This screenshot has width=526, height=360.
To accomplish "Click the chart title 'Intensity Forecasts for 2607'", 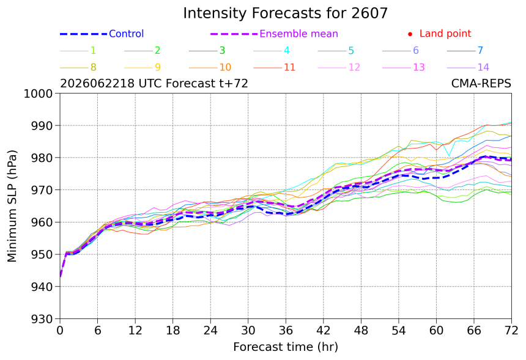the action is click(x=286, y=13).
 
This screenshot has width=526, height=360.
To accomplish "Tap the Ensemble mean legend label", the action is click(x=299, y=34).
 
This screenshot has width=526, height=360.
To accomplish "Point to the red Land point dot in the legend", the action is click(x=410, y=34).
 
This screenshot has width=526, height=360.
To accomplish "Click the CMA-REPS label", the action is click(x=481, y=83).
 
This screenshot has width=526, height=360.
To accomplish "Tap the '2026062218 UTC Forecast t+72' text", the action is click(x=154, y=83).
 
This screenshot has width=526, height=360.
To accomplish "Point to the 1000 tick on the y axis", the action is click(x=39, y=94).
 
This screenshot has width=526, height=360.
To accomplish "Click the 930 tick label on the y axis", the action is click(x=42, y=319).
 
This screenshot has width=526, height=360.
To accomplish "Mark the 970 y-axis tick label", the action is click(x=42, y=190).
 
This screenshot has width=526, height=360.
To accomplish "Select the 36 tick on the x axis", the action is click(x=286, y=331).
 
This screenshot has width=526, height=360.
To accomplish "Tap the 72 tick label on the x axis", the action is click(x=511, y=331).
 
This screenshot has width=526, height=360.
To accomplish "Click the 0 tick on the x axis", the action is click(x=60, y=331).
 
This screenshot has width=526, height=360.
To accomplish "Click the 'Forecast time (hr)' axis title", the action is click(x=286, y=347).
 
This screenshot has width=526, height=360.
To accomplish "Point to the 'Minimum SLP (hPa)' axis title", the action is click(x=12, y=206).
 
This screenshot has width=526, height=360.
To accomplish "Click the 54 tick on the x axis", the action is click(x=399, y=331).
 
